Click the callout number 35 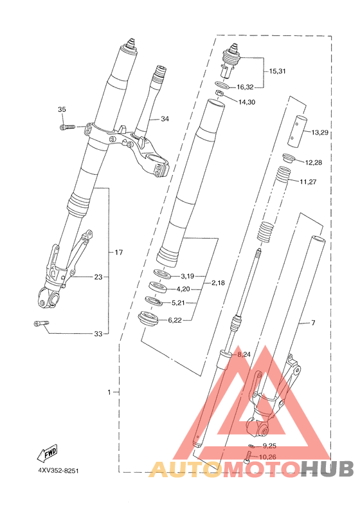[62, 109]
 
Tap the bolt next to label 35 [67, 127]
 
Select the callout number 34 [165, 119]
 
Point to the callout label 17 [119, 252]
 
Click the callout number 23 [98, 277]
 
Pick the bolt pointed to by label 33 [41, 323]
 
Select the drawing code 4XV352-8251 [59, 471]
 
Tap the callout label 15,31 [278, 71]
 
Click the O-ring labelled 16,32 [223, 86]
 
